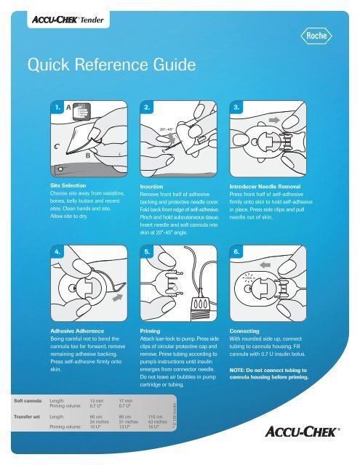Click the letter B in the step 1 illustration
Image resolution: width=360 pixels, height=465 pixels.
click(x=89, y=155)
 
